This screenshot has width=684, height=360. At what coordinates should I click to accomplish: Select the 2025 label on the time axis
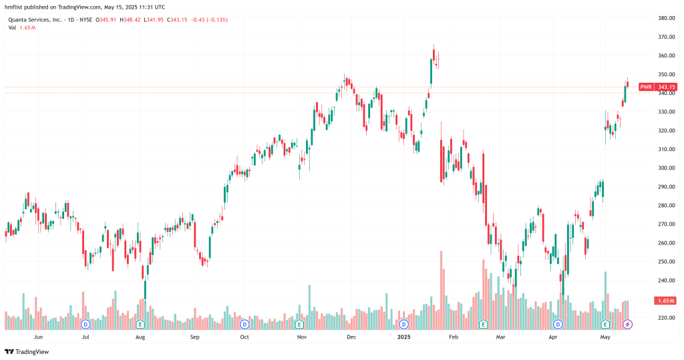pyautogui.click(x=403, y=338)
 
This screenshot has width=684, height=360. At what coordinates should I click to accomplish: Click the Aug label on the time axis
pyautogui.click(x=140, y=338)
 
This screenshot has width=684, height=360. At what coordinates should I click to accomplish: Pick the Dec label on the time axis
pyautogui.click(x=351, y=338)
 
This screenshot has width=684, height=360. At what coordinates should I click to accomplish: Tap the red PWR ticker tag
pyautogui.click(x=646, y=87)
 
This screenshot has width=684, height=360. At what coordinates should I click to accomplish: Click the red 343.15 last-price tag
pyautogui.click(x=666, y=87)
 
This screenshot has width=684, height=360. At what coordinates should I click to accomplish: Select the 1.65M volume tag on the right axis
pyautogui.click(x=666, y=301)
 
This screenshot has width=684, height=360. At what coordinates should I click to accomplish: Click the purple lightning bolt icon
pyautogui.click(x=627, y=324)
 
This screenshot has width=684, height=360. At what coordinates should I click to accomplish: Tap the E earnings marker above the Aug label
pyautogui.click(x=140, y=324)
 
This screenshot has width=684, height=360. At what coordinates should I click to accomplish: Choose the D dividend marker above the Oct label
pyautogui.click(x=244, y=324)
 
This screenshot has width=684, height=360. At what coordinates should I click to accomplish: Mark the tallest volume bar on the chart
pyautogui.click(x=442, y=291)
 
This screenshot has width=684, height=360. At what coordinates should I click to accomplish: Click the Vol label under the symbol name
pyautogui.click(x=12, y=27)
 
